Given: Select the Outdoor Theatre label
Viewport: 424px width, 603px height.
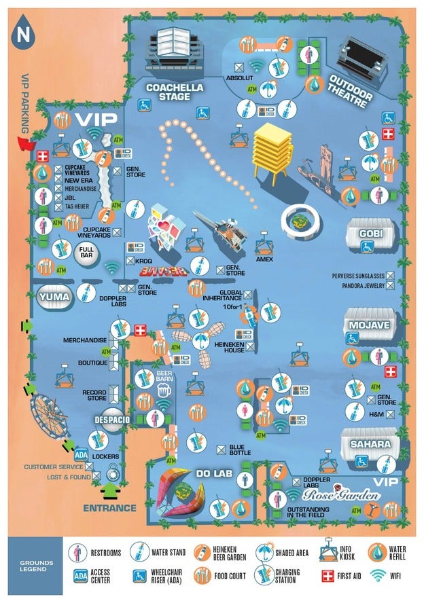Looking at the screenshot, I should point(351,91).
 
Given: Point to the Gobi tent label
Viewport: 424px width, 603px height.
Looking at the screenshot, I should point(372,234).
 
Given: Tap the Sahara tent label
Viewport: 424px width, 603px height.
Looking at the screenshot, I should point(370,444).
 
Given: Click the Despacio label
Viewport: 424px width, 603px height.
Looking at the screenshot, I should point(112,420).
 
